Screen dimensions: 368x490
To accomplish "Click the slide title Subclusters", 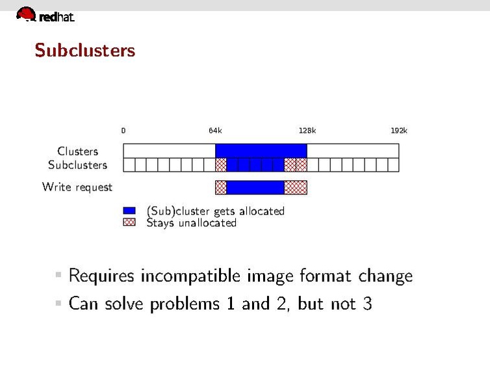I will tap(85, 50).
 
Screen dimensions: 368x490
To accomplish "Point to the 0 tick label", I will tap(123, 131).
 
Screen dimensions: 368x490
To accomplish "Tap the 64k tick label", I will tap(215, 131).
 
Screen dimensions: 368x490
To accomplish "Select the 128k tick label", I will tap(307, 131).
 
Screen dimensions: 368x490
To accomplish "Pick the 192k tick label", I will tap(399, 131).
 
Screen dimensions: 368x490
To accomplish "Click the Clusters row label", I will tap(78, 151).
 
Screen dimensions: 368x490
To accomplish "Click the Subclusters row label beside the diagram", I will tap(77, 164).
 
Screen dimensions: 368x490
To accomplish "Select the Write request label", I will tap(77, 187).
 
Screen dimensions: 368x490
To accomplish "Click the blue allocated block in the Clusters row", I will tap(261, 151).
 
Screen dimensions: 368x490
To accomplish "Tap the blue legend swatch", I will tap(129, 211).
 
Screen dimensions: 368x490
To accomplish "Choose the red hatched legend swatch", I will tap(129, 222).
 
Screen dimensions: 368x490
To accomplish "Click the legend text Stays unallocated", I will tap(191, 223).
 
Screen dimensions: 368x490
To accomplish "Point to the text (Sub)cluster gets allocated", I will tap(216, 211).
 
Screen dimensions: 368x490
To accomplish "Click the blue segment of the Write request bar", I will tap(255, 187).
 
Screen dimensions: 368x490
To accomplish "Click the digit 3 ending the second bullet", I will tap(367, 303).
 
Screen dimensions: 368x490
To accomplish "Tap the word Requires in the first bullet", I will tap(101, 276).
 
